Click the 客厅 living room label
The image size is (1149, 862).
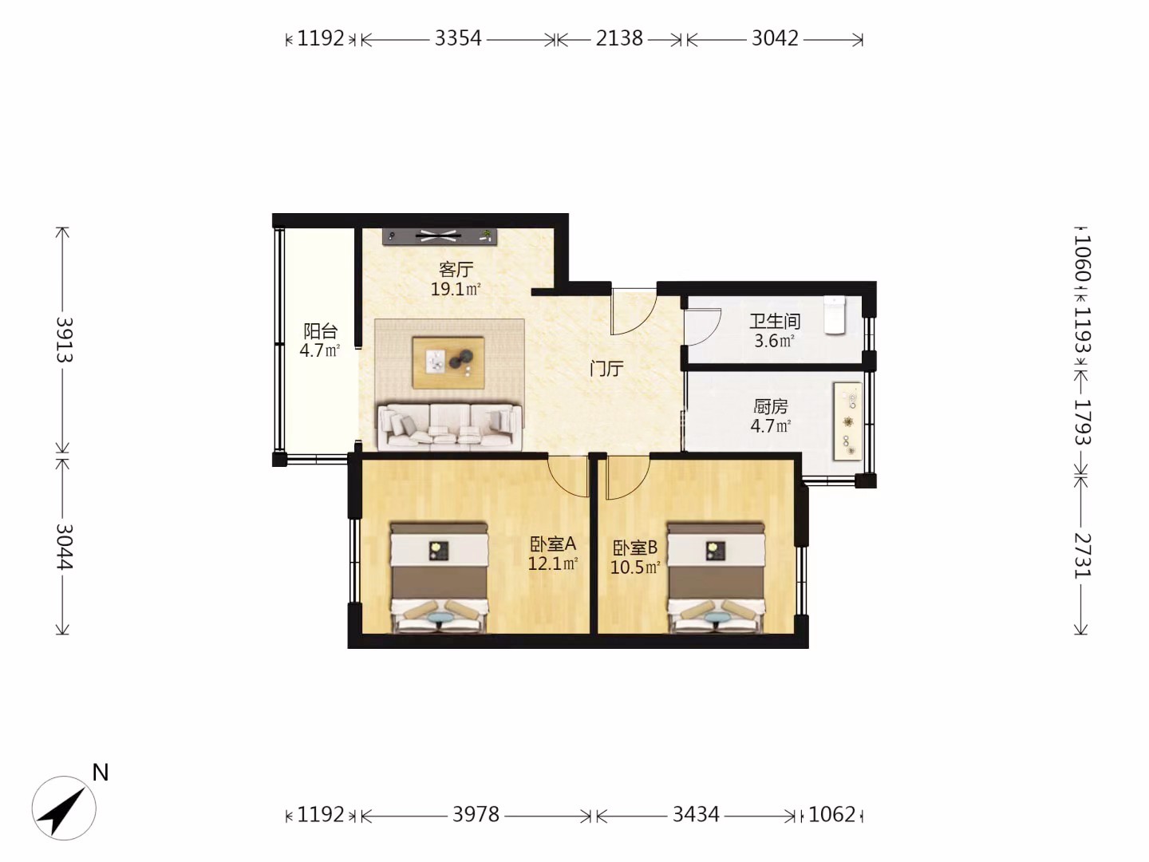(456, 270)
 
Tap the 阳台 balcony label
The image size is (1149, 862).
(320, 331)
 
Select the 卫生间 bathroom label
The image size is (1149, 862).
(775, 321)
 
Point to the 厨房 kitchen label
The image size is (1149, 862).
(771, 407)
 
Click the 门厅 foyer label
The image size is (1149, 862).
(606, 369)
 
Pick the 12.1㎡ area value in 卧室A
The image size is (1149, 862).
(553, 563)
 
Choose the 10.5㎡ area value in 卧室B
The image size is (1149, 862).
(635, 567)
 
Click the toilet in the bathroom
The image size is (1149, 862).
(835, 314)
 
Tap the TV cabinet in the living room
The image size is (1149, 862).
(440, 236)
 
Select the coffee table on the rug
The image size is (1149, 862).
(448, 362)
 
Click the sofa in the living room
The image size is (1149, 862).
(449, 426)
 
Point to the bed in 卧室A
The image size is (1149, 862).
(439, 577)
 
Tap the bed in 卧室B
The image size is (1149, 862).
(716, 577)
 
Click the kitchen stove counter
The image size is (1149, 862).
(847, 421)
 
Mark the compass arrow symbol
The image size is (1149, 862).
(64, 808)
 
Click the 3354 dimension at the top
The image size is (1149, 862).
(458, 39)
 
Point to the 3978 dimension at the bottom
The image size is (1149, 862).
(476, 814)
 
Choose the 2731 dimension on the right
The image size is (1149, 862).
(1081, 556)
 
